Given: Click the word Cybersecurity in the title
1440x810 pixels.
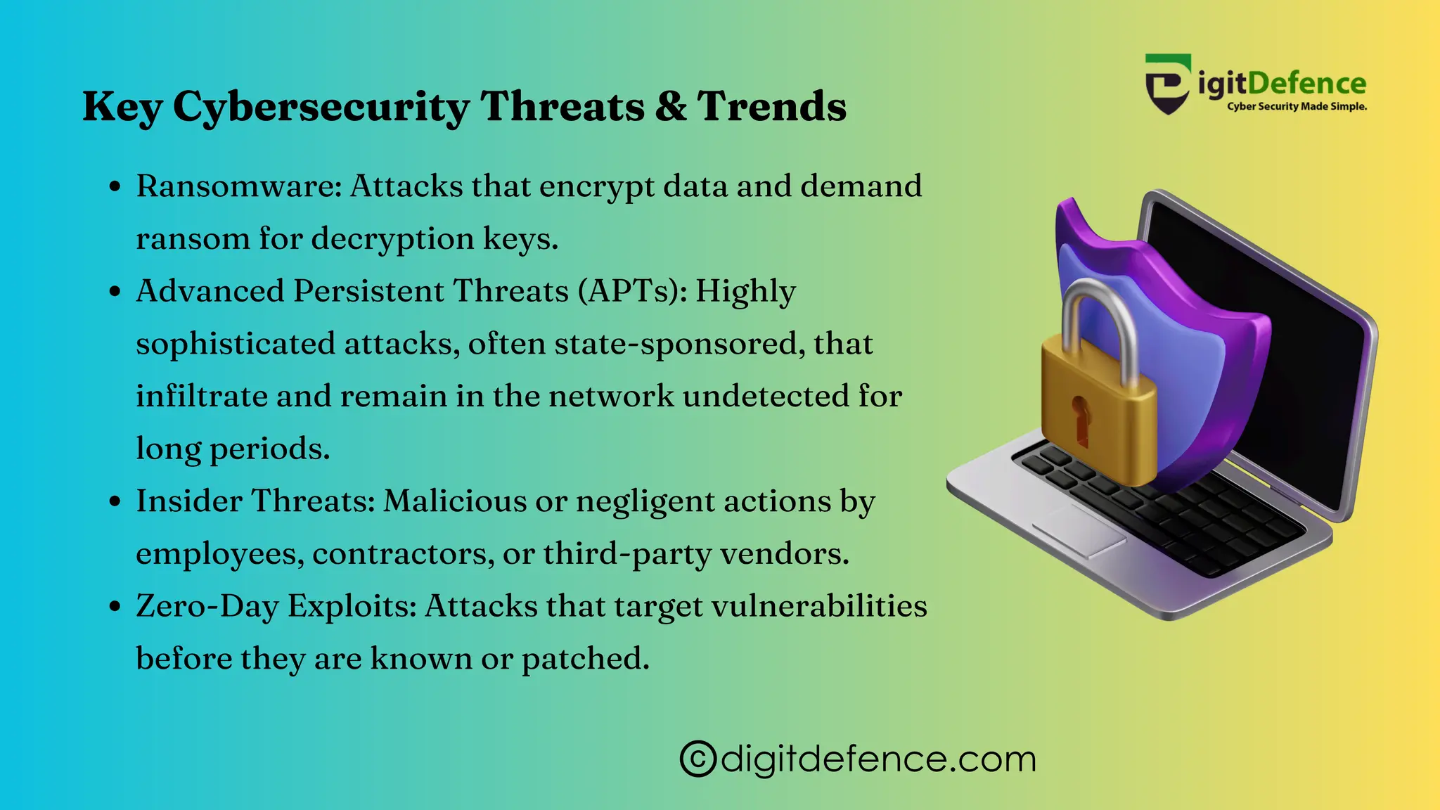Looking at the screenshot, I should pos(321,107).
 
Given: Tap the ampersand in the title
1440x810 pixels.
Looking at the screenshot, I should pos(671,106).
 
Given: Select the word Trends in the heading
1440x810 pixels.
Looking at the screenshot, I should pos(771,106).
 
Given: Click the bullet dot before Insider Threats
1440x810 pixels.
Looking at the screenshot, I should pos(115,502).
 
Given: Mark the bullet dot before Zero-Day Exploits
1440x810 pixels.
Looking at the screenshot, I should pos(115,607).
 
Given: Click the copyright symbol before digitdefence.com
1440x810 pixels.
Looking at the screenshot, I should pos(697,759).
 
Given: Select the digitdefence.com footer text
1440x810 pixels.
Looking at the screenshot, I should pos(878,759).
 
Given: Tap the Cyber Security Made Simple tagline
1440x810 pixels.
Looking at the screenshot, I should pos(1297,107).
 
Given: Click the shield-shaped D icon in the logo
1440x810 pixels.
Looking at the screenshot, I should pos(1168,84).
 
